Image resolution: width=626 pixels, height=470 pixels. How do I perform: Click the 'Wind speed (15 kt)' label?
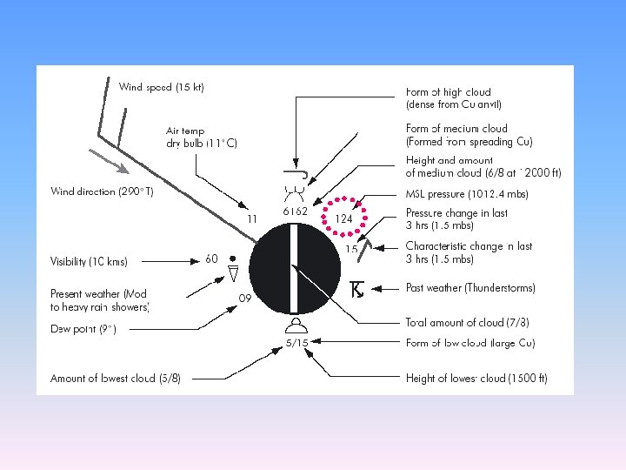162,87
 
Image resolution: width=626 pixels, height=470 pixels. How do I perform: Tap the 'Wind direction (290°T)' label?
107,191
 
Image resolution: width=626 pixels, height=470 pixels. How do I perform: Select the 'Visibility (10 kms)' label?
90,261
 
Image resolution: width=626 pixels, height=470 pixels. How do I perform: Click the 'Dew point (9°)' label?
83,329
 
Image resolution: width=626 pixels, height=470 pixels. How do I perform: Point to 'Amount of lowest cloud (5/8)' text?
116,379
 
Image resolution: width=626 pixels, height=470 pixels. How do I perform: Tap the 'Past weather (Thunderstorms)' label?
470,288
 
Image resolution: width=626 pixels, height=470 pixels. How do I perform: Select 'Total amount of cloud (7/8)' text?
467,323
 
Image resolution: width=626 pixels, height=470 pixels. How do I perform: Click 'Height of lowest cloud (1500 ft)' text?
476,379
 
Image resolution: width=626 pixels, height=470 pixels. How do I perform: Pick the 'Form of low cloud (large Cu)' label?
470,343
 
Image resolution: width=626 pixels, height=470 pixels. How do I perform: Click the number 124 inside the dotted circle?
343,219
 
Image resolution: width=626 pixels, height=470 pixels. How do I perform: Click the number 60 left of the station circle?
211,258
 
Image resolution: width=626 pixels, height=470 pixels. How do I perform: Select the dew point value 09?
245,298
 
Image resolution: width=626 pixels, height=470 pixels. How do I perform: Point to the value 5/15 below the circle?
297,343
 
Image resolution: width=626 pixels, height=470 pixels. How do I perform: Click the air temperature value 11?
252,218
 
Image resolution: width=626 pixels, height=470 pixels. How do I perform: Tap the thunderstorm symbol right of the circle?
356,289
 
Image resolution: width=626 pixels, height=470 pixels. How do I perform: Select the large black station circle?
296,268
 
